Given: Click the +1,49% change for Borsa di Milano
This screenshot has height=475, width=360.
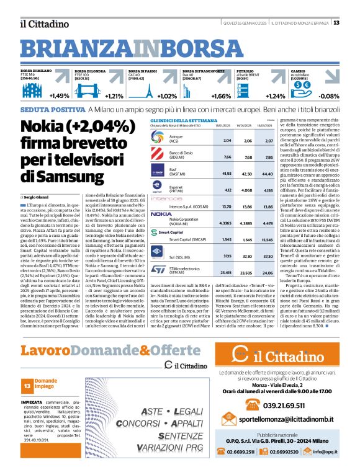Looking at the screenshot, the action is coord(60,96).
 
